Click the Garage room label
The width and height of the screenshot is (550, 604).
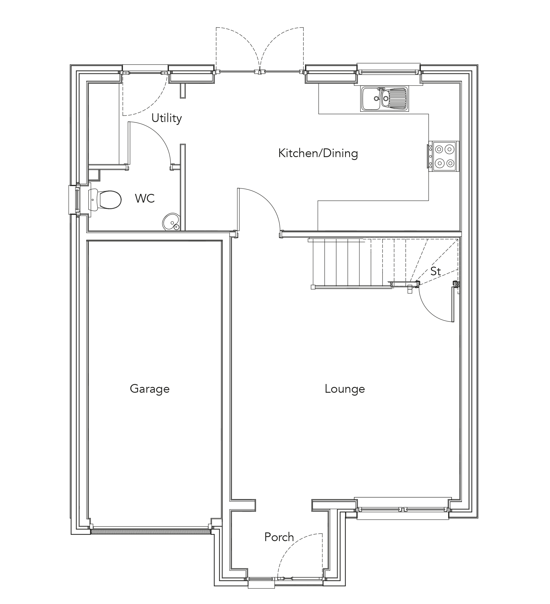[149, 389]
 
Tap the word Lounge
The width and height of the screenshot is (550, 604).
[345, 389]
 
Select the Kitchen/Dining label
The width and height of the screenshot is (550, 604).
[318, 153]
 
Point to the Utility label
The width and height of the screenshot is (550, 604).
[167, 118]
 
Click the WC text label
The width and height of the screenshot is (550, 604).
[145, 198]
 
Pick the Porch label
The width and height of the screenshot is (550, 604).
[279, 537]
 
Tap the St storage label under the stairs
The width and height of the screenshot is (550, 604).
[435, 272]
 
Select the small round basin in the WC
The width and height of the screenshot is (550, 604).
[171, 222]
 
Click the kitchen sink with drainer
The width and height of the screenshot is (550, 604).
[385, 99]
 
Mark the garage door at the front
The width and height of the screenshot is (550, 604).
[151, 531]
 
